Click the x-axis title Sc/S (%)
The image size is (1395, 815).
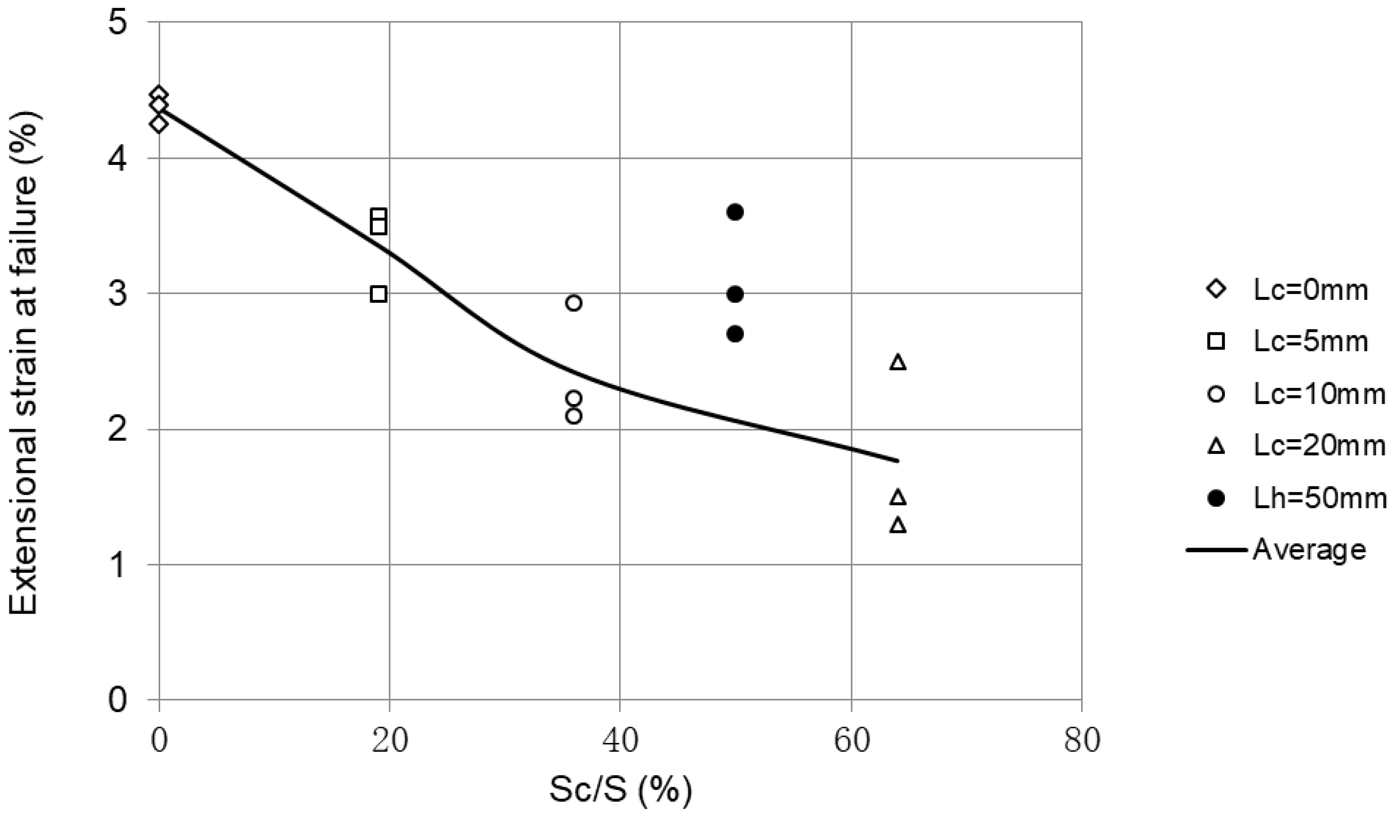pyautogui.click(x=620, y=790)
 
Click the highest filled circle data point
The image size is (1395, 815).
pyautogui.click(x=735, y=212)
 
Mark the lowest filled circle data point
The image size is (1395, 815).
pyautogui.click(x=735, y=334)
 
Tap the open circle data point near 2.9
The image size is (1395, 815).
pyautogui.click(x=574, y=303)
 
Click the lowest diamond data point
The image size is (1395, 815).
pyautogui.click(x=159, y=124)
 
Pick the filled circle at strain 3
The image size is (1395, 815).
pyautogui.click(x=735, y=294)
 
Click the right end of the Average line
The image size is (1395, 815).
pyautogui.click(x=897, y=460)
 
